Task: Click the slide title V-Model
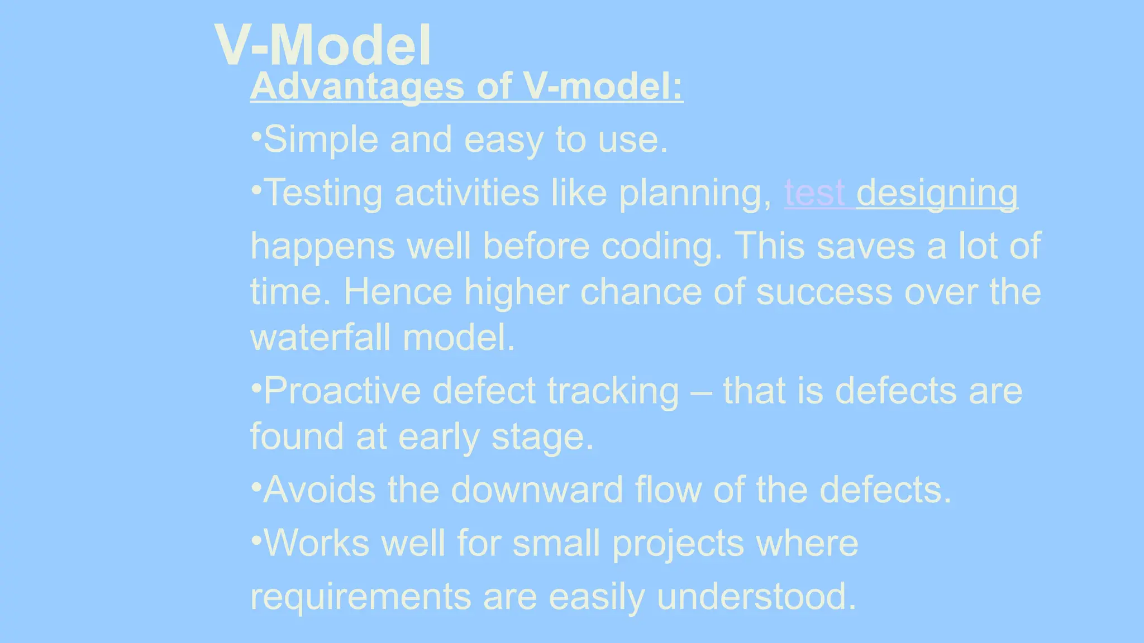click(x=323, y=46)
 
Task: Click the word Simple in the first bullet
click(x=321, y=140)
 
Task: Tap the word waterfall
click(x=321, y=338)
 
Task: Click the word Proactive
click(x=342, y=391)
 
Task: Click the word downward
click(x=536, y=490)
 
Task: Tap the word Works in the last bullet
click(x=316, y=543)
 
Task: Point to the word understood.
click(x=756, y=596)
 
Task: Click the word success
click(x=824, y=292)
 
